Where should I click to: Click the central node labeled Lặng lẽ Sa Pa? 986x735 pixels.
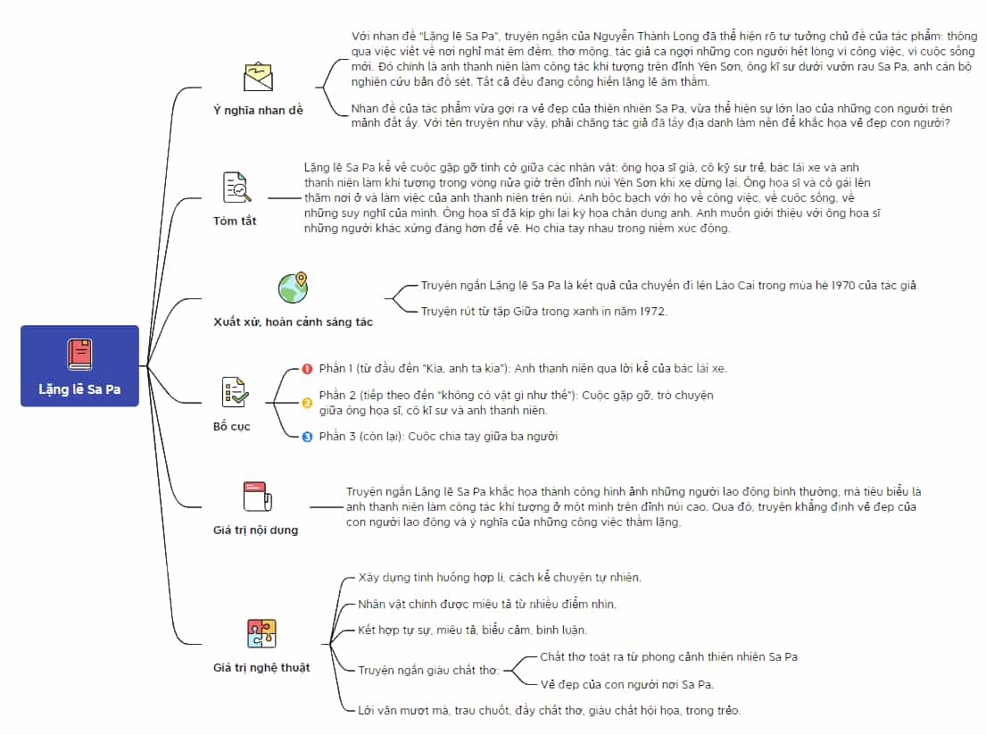pos(79,365)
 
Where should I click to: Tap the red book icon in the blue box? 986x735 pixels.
pos(79,354)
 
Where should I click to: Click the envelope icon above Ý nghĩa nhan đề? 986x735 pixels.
pos(258,77)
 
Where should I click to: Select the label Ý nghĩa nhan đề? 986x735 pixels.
pos(258,110)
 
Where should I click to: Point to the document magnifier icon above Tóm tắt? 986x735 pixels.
pos(237,187)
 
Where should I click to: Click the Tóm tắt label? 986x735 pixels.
pos(235,221)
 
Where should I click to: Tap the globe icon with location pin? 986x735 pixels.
pos(293,288)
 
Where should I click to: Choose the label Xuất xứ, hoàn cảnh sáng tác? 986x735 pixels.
pos(293,322)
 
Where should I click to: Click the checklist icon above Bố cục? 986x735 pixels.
pos(236,392)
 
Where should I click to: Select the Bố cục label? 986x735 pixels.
pos(231,426)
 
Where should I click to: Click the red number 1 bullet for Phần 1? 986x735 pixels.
pos(307,369)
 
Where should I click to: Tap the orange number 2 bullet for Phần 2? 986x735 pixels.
pos(307,403)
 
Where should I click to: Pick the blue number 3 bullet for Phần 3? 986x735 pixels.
pos(307,437)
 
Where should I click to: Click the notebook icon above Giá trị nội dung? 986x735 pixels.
pos(258,497)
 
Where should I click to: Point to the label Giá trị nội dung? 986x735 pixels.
pos(255,530)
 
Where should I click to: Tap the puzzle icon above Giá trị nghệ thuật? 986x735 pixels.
pos(261,633)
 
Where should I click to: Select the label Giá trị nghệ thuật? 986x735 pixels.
pos(261,668)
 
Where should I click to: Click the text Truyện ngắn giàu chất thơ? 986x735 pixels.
pos(429,670)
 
